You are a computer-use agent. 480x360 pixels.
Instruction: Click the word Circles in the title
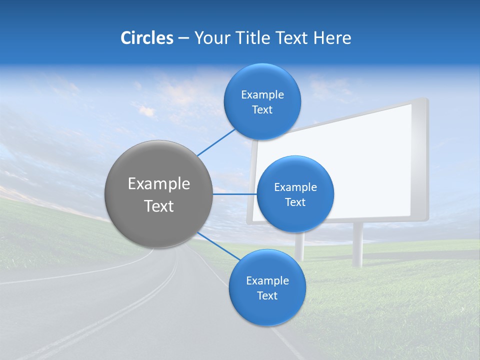tap(146, 38)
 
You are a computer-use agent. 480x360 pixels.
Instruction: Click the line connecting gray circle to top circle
tap(216, 142)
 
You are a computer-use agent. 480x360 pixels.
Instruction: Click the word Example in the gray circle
tap(158, 184)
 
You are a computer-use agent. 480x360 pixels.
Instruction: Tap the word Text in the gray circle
tap(158, 206)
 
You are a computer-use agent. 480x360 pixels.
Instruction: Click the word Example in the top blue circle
tap(262, 95)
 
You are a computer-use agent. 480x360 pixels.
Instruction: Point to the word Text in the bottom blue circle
tap(267, 295)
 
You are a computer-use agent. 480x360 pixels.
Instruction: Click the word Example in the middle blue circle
tap(295, 187)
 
